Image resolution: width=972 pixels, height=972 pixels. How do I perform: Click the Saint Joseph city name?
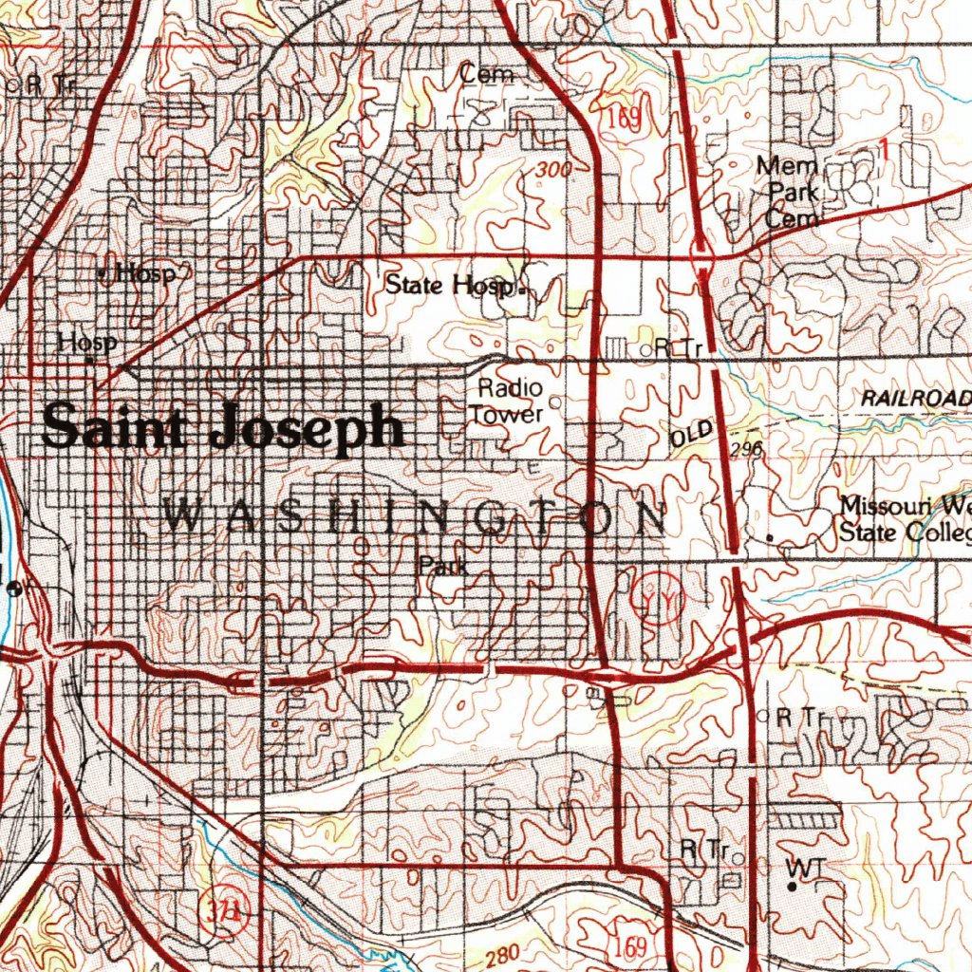click(x=223, y=427)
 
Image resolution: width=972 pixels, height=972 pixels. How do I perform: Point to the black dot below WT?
click(x=791, y=887)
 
